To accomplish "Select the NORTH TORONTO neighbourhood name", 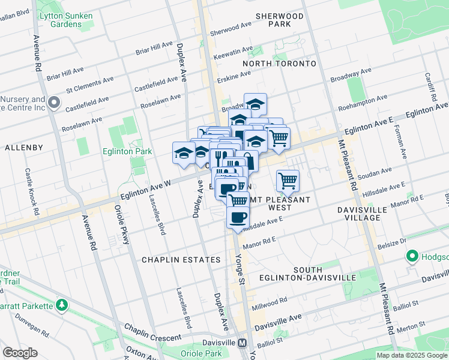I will (279, 63).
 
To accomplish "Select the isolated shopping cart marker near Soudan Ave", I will (288, 179).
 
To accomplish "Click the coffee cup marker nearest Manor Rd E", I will (238, 217).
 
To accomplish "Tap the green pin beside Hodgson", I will (412, 257).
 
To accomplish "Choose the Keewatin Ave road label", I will (234, 53).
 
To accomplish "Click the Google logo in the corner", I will (20, 353).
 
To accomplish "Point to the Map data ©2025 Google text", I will (411, 355).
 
